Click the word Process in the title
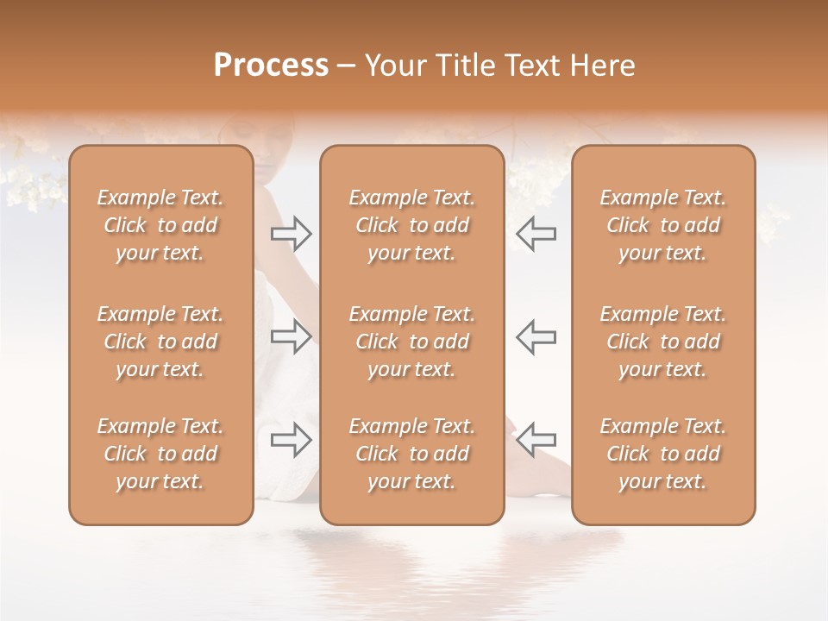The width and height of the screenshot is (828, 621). pyautogui.click(x=271, y=66)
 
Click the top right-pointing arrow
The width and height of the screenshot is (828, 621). pyautogui.click(x=292, y=234)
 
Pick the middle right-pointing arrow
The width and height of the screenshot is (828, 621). pyautogui.click(x=292, y=336)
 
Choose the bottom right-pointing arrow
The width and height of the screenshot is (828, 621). pyautogui.click(x=292, y=440)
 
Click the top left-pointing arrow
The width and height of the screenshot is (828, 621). pyautogui.click(x=536, y=234)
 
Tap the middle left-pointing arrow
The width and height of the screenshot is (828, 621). pyautogui.click(x=536, y=336)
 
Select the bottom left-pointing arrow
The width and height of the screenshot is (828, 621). pyautogui.click(x=536, y=440)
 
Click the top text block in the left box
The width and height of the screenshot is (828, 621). pyautogui.click(x=160, y=225)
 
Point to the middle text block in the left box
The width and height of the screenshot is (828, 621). pyautogui.click(x=160, y=342)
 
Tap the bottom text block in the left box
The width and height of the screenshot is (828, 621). pyautogui.click(x=160, y=454)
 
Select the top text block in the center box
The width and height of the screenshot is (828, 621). pyautogui.click(x=411, y=225)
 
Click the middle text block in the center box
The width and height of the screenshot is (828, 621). pyautogui.click(x=411, y=342)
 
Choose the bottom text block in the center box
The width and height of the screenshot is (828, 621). pyautogui.click(x=411, y=454)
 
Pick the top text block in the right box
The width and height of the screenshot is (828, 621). pyautogui.click(x=662, y=225)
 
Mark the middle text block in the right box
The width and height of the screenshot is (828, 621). pyautogui.click(x=662, y=342)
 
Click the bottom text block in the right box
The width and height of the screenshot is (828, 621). pyautogui.click(x=662, y=454)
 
